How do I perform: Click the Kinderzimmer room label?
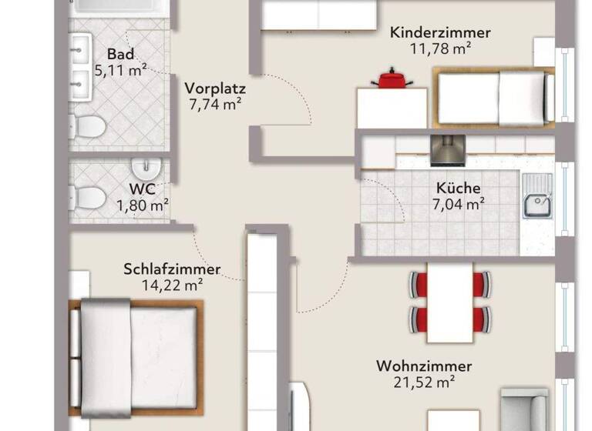click(x=440, y=33)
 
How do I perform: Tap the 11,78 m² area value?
click(x=440, y=48)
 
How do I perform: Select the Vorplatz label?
click(x=215, y=88)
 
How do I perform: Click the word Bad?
click(x=120, y=55)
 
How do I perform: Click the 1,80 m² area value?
click(x=143, y=205)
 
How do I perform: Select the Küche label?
click(x=458, y=188)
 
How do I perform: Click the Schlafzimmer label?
click(x=172, y=269)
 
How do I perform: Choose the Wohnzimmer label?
click(x=424, y=366)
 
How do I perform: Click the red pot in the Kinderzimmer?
click(x=391, y=79)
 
